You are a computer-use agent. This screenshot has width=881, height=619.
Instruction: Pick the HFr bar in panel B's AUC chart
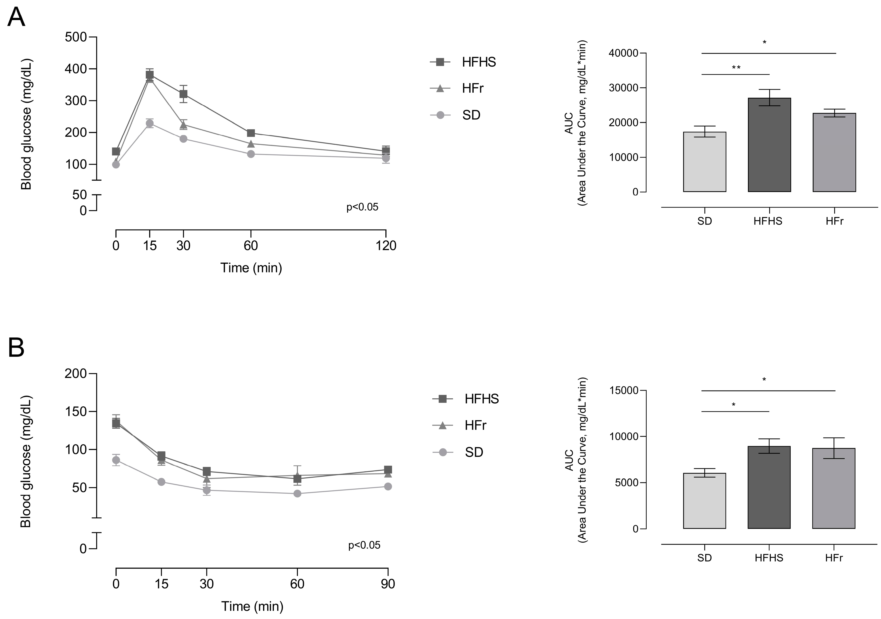[x=834, y=488]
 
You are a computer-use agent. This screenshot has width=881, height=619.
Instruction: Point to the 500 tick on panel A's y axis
[x=76, y=37]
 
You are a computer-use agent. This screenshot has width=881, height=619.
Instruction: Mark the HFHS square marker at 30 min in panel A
[x=183, y=94]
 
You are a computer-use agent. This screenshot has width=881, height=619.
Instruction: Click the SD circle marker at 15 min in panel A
[x=150, y=123]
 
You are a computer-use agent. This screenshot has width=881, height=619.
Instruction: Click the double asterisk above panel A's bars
[x=736, y=68]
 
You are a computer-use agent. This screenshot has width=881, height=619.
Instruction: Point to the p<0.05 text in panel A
[x=362, y=207]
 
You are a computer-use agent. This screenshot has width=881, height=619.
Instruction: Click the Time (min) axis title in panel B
[x=252, y=606]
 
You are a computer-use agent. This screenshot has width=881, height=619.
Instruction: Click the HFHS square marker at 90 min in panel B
[x=388, y=470]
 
